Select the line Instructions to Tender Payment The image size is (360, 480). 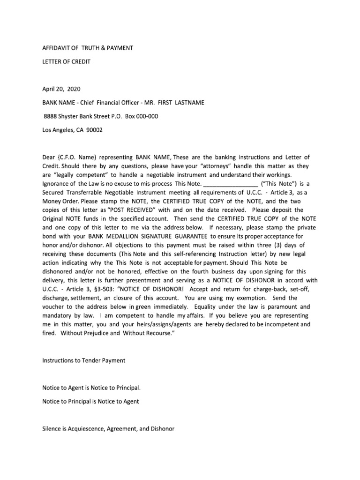[84, 360]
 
